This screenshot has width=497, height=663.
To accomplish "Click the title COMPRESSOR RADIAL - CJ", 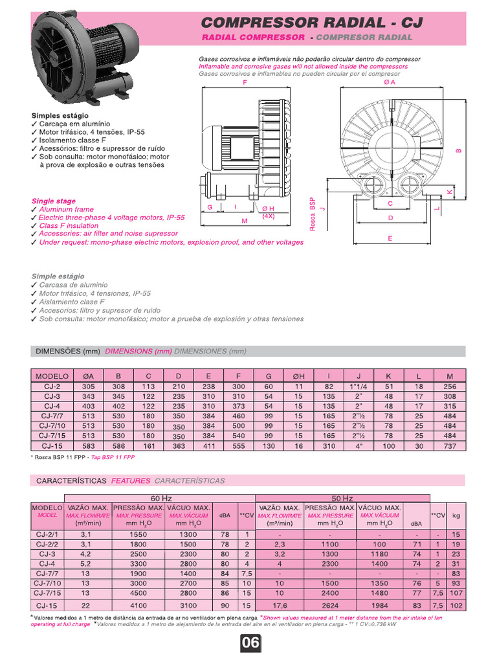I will pyautogui.click(x=312, y=23).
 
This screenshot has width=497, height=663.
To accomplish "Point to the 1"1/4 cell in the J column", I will pyautogui.click(x=358, y=387).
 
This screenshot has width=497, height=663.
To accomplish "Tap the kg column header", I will pyautogui.click(x=456, y=515).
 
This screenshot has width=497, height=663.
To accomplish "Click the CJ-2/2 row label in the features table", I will pyautogui.click(x=47, y=545).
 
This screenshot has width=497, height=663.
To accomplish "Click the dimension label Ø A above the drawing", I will pyautogui.click(x=390, y=83).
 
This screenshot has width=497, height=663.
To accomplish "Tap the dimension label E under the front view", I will pyautogui.click(x=390, y=238).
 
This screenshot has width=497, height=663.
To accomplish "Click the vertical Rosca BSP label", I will pyautogui.click(x=312, y=214).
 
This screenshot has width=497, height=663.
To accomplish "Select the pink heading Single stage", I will pyautogui.click(x=54, y=201).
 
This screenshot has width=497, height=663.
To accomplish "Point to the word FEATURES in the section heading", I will pyautogui.click(x=131, y=481).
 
